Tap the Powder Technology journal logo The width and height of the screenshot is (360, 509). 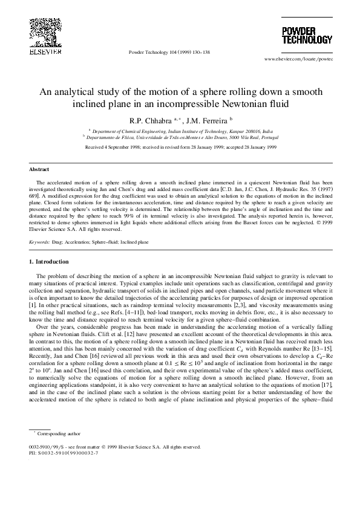coord(307,34)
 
